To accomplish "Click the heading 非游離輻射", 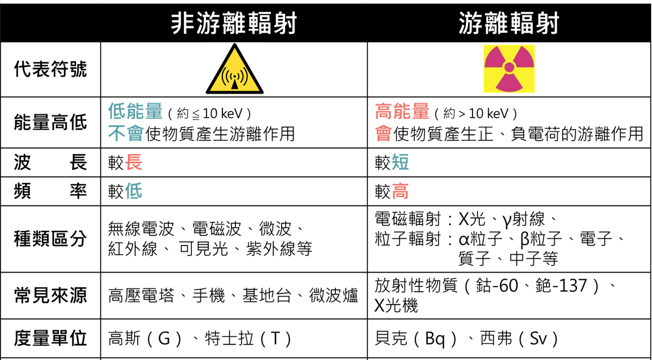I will pos(234,24).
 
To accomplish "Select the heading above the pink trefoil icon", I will pos(509,24).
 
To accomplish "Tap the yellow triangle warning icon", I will pos(235,69).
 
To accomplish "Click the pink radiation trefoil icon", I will pos(509,69).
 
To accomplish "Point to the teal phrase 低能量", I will pos(135,111).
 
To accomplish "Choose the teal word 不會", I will pos(126,133).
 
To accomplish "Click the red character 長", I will pos(134,163).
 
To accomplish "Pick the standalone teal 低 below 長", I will pos(134,191).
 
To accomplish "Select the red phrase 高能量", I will pos(402,111).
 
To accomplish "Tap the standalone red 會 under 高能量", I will pos(384,133).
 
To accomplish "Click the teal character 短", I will pos(400,163).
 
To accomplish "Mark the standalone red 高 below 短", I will pos(400,191).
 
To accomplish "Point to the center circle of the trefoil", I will pos(509,68).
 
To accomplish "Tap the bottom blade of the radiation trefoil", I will pos(509,84).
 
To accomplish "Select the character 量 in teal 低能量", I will pos(154,111).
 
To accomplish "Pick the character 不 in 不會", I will pos(117,133).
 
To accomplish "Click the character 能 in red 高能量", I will pos(402,111).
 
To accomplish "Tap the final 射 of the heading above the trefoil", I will pos(548,24).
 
